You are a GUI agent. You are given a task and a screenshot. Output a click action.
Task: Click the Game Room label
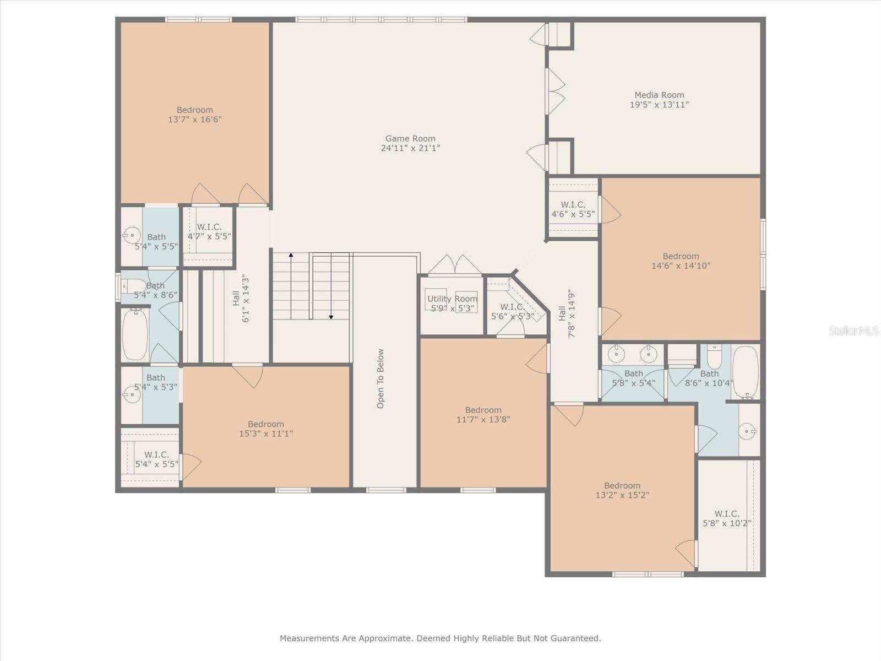[x=410, y=139]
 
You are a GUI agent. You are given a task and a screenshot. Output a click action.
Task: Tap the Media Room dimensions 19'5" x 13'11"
[x=659, y=105]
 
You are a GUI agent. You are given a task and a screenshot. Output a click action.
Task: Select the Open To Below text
[x=380, y=378]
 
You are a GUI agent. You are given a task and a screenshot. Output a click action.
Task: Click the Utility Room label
[x=452, y=299]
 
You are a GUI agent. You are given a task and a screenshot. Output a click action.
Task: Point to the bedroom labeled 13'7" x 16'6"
[x=195, y=115]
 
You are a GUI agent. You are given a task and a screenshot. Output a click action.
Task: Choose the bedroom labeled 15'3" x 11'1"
[x=266, y=429]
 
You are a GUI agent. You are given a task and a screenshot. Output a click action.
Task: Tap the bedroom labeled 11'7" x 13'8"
[x=483, y=414]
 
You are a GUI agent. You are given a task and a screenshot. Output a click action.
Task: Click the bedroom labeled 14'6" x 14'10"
[x=681, y=261]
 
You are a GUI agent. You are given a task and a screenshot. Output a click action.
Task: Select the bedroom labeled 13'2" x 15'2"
[x=622, y=490]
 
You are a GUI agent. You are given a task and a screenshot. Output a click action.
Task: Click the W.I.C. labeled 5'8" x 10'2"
[x=727, y=518]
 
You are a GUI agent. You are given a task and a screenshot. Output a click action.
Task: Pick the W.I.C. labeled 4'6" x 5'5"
[x=573, y=209]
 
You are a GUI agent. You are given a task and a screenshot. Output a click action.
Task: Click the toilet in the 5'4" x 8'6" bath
[x=132, y=286]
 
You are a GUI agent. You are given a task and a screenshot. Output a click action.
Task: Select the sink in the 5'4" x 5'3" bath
[x=131, y=394]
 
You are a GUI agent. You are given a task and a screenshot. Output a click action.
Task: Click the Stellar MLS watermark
[x=853, y=330]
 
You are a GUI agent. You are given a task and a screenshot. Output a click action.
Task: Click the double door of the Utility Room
[x=455, y=266]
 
